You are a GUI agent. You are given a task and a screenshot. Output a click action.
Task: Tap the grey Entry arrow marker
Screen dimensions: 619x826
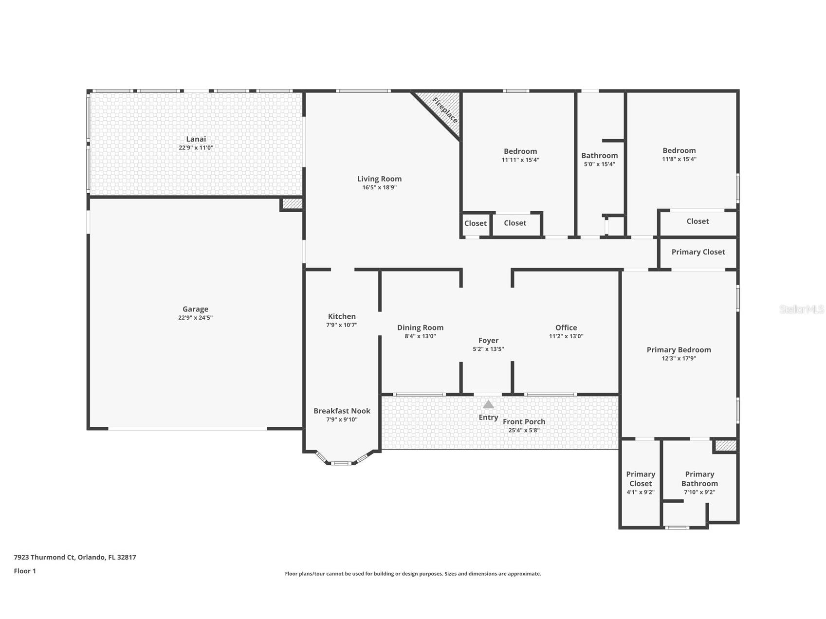point(488,404)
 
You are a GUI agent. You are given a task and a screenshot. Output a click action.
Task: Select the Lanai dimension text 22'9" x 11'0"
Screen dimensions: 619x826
point(196,147)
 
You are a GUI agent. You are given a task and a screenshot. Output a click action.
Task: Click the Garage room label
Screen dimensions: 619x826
point(195,309)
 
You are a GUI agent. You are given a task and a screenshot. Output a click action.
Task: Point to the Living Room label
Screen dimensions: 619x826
point(379,179)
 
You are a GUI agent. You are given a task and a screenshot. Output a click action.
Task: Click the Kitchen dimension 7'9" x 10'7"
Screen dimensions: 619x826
point(342,325)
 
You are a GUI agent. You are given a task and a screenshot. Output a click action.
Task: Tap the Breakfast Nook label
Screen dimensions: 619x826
point(342,411)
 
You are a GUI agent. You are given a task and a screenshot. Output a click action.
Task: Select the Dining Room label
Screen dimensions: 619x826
point(420,328)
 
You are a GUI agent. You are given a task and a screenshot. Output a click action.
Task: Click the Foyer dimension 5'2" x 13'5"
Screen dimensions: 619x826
point(488,349)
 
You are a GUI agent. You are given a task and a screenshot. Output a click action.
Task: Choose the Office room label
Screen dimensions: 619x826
point(566,328)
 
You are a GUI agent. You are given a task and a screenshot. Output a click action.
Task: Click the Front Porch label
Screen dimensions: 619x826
point(524,421)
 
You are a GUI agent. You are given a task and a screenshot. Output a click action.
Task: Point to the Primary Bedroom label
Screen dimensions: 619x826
point(679,349)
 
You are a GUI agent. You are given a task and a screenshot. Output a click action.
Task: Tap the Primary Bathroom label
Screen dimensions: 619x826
point(699,478)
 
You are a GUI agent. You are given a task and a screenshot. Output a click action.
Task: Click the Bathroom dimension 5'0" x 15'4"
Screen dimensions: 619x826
point(599,164)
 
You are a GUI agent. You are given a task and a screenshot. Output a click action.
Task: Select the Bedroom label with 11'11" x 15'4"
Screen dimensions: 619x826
point(520,151)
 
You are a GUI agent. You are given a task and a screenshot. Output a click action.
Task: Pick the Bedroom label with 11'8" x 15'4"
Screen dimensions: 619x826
point(679,150)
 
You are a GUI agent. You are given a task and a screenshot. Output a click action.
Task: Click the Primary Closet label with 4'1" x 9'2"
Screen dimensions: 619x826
point(640,478)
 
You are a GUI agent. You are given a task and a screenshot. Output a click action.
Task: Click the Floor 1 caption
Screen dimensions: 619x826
point(25,571)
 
